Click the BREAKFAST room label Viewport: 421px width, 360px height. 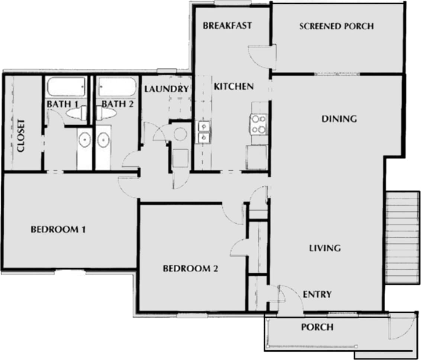click(227, 26)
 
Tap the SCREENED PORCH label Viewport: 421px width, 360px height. click(336, 26)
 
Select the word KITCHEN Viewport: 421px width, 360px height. click(234, 87)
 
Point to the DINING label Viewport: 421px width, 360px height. click(339, 119)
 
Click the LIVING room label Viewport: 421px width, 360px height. click(325, 248)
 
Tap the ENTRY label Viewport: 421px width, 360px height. click(317, 295)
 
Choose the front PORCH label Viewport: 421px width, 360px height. click(317, 327)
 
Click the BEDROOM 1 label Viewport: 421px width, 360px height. click(58, 229)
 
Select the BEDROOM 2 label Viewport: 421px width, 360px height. click(190, 269)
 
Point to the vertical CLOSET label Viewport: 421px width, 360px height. click(21, 136)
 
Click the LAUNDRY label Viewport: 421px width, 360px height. click(166, 89)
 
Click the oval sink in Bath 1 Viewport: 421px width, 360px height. click(85, 140)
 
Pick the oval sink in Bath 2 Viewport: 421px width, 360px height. click(103, 140)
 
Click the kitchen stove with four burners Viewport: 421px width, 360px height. click(259, 124)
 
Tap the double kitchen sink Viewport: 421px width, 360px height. click(203, 132)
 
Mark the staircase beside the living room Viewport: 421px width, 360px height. click(403, 238)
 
